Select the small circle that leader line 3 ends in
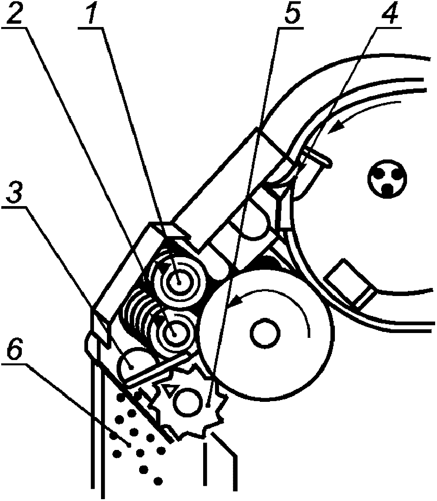tap(132, 366)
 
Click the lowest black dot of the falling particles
tap(158, 481)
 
